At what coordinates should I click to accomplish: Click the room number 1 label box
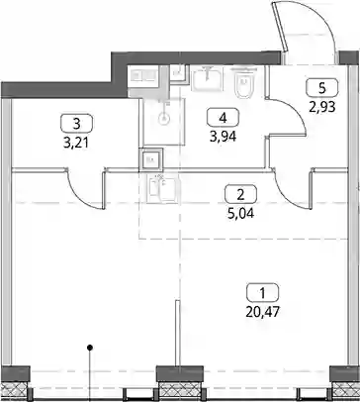[262, 293]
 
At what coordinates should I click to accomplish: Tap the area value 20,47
[262, 311]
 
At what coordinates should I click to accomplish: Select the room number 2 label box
[240, 194]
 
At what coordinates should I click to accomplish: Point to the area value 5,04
[240, 213]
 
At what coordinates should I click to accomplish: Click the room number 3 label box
[77, 124]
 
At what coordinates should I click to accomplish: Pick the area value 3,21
[76, 143]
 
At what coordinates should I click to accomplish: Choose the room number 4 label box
[223, 118]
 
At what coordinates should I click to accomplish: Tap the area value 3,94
[223, 137]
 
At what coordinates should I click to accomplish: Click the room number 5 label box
[322, 87]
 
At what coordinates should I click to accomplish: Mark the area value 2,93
[322, 107]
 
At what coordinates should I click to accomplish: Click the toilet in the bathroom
[244, 84]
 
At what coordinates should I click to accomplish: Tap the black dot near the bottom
[89, 348]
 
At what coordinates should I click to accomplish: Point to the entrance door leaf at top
[280, 27]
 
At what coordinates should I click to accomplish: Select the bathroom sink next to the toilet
[207, 78]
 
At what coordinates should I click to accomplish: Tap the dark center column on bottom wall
[179, 373]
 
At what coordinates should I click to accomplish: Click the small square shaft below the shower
[150, 159]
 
